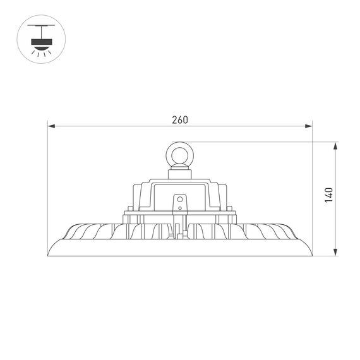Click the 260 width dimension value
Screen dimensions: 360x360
[x=180, y=120]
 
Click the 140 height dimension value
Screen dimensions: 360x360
[x=327, y=195]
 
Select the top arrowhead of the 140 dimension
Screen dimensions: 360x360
[x=335, y=145]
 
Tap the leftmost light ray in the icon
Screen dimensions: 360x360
[x=32, y=52]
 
